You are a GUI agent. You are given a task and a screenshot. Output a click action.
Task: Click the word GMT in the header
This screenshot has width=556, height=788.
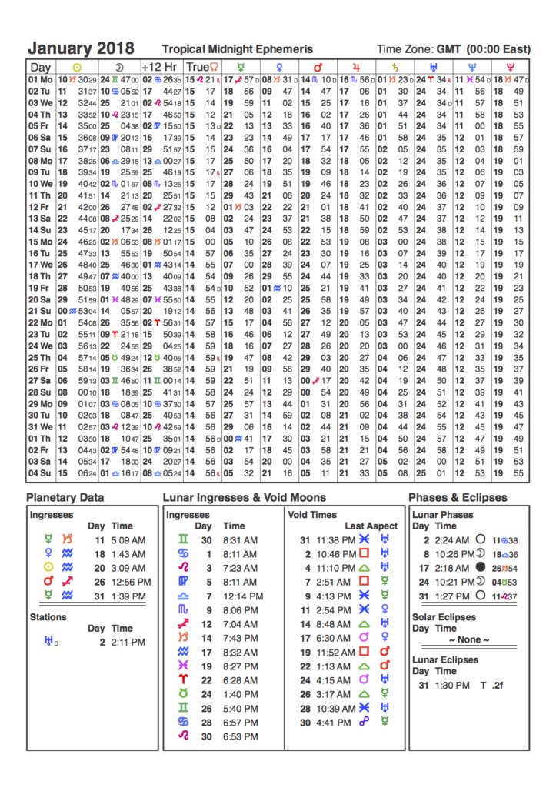[448, 49]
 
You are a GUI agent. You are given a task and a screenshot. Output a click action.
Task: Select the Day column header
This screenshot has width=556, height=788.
[40, 68]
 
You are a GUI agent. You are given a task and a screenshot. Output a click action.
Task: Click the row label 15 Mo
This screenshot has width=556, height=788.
[41, 242]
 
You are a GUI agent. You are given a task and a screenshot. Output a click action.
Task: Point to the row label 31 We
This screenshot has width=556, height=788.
[41, 427]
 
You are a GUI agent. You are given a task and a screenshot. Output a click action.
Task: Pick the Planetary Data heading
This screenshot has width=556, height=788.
[65, 498]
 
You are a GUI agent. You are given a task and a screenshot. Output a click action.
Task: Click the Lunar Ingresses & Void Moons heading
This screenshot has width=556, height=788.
[244, 498]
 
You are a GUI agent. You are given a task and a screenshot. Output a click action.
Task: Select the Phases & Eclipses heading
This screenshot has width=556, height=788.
[458, 498]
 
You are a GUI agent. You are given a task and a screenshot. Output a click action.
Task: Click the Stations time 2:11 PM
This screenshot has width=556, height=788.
[127, 642]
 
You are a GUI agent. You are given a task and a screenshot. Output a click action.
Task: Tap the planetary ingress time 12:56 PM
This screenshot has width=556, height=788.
[127, 582]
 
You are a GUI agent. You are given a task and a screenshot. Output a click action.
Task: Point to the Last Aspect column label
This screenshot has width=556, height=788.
[371, 526]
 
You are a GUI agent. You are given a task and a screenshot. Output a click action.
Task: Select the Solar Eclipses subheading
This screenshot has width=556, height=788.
[444, 617]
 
